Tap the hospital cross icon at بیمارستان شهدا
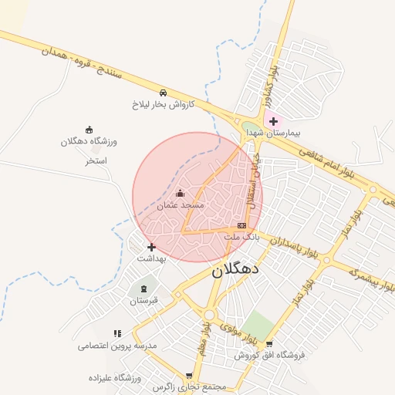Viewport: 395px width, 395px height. tap(273, 121)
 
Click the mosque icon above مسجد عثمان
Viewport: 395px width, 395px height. tap(181, 193)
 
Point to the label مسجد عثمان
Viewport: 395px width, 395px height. tap(181, 205)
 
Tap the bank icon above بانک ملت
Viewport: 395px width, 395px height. tap(242, 225)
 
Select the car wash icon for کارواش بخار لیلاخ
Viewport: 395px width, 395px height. tap(163, 92)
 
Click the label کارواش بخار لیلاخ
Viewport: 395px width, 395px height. tap(163, 103)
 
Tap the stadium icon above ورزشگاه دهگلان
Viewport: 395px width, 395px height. tap(89, 129)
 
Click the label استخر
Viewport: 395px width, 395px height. tap(96, 160)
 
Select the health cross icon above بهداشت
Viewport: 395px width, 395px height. tap(151, 247)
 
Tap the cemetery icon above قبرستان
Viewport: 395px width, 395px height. tap(143, 288)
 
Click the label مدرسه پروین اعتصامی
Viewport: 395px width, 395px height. tap(117, 346)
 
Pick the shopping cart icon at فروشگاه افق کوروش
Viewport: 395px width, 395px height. tap(268, 344)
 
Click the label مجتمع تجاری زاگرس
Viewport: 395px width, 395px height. tap(188, 387)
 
